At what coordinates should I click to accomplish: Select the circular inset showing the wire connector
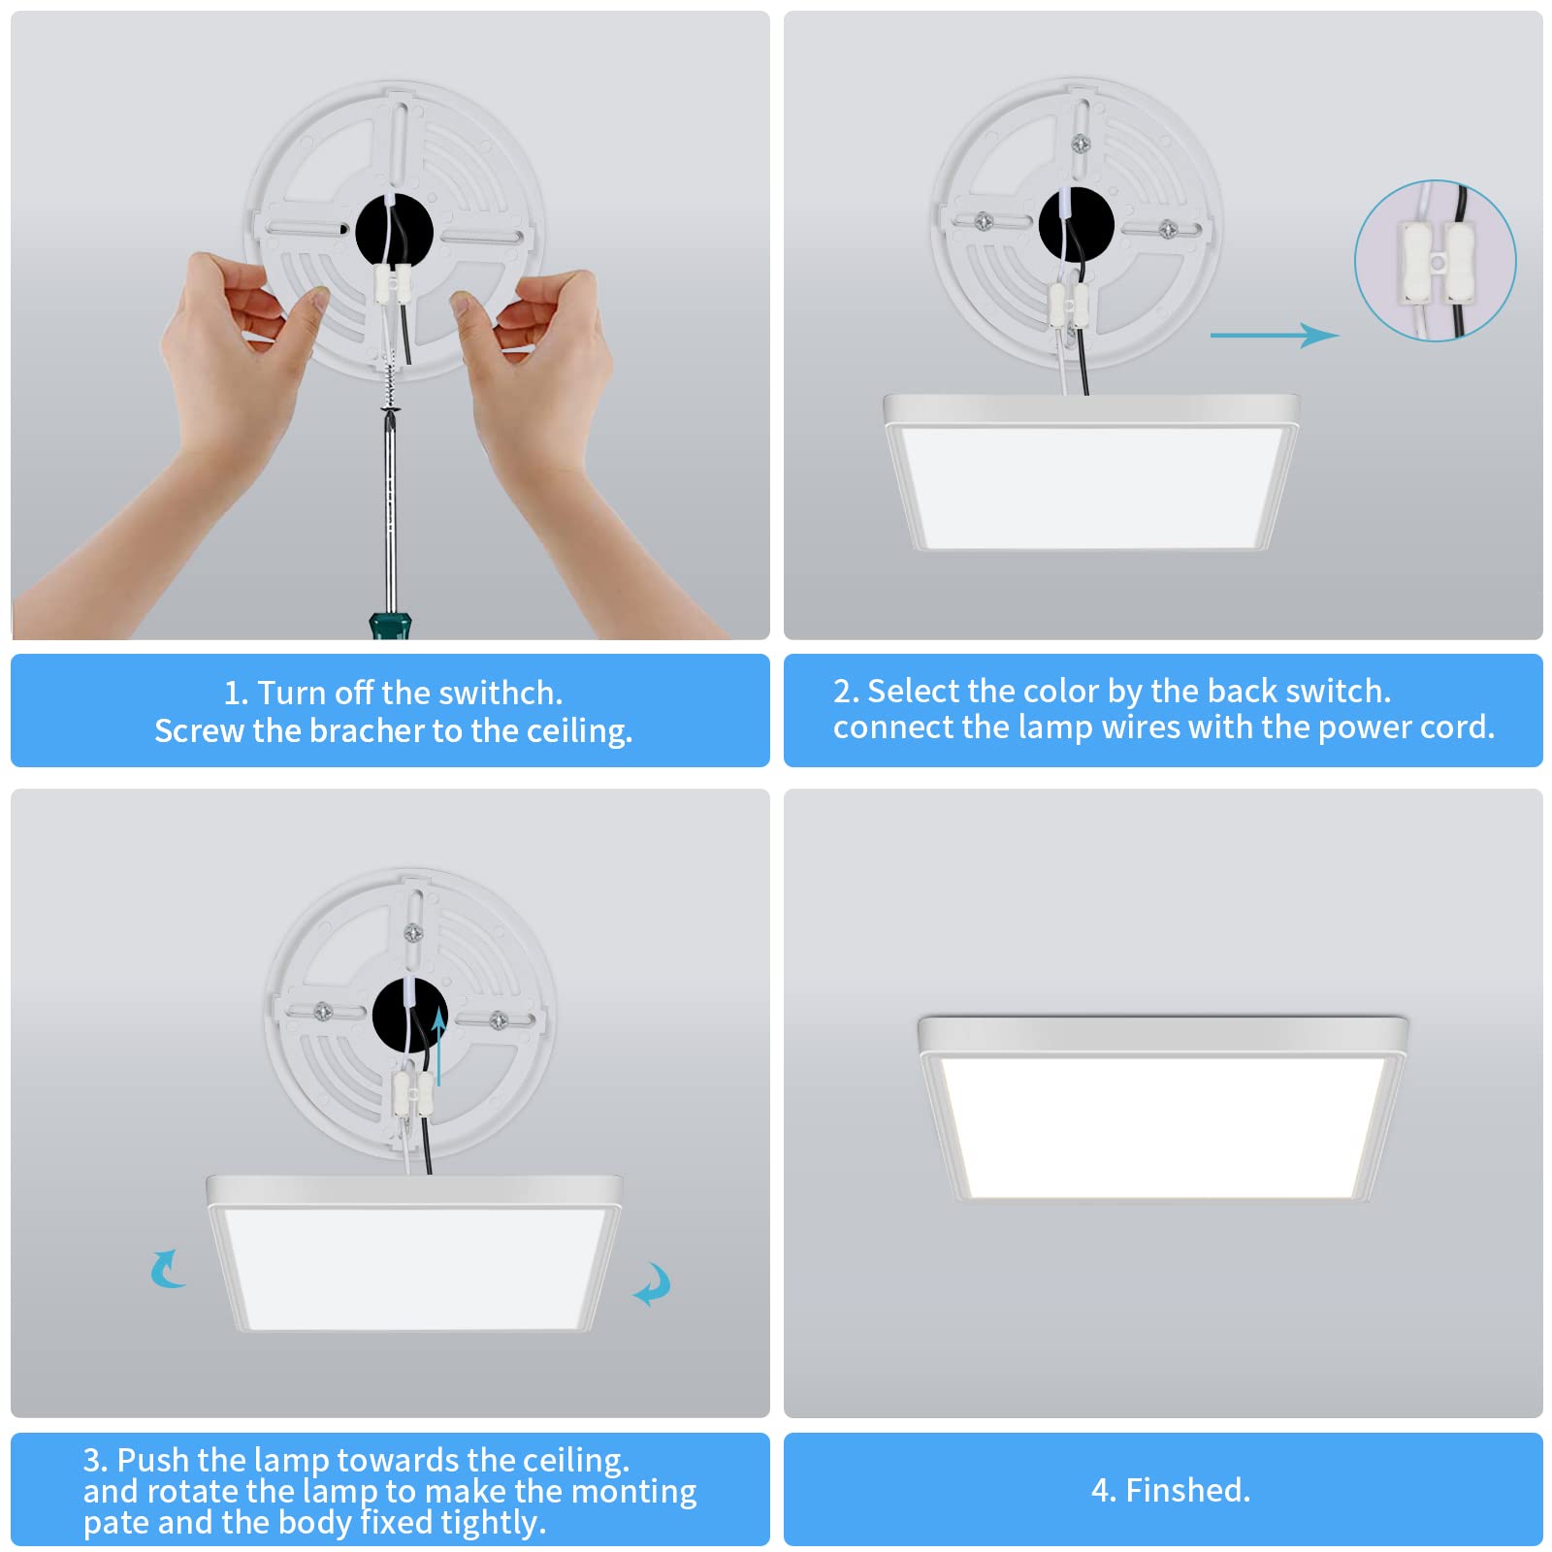[x=1435, y=260]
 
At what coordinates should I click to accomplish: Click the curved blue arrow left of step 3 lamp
[x=168, y=1269]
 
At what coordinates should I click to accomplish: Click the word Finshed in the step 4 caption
[x=1187, y=1490]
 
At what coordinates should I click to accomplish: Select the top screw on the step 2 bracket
[x=1081, y=145]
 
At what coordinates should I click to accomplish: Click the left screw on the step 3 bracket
[x=323, y=1012]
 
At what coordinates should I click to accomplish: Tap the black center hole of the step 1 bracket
[x=393, y=231]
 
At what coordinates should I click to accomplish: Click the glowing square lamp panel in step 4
[x=1162, y=1125]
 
